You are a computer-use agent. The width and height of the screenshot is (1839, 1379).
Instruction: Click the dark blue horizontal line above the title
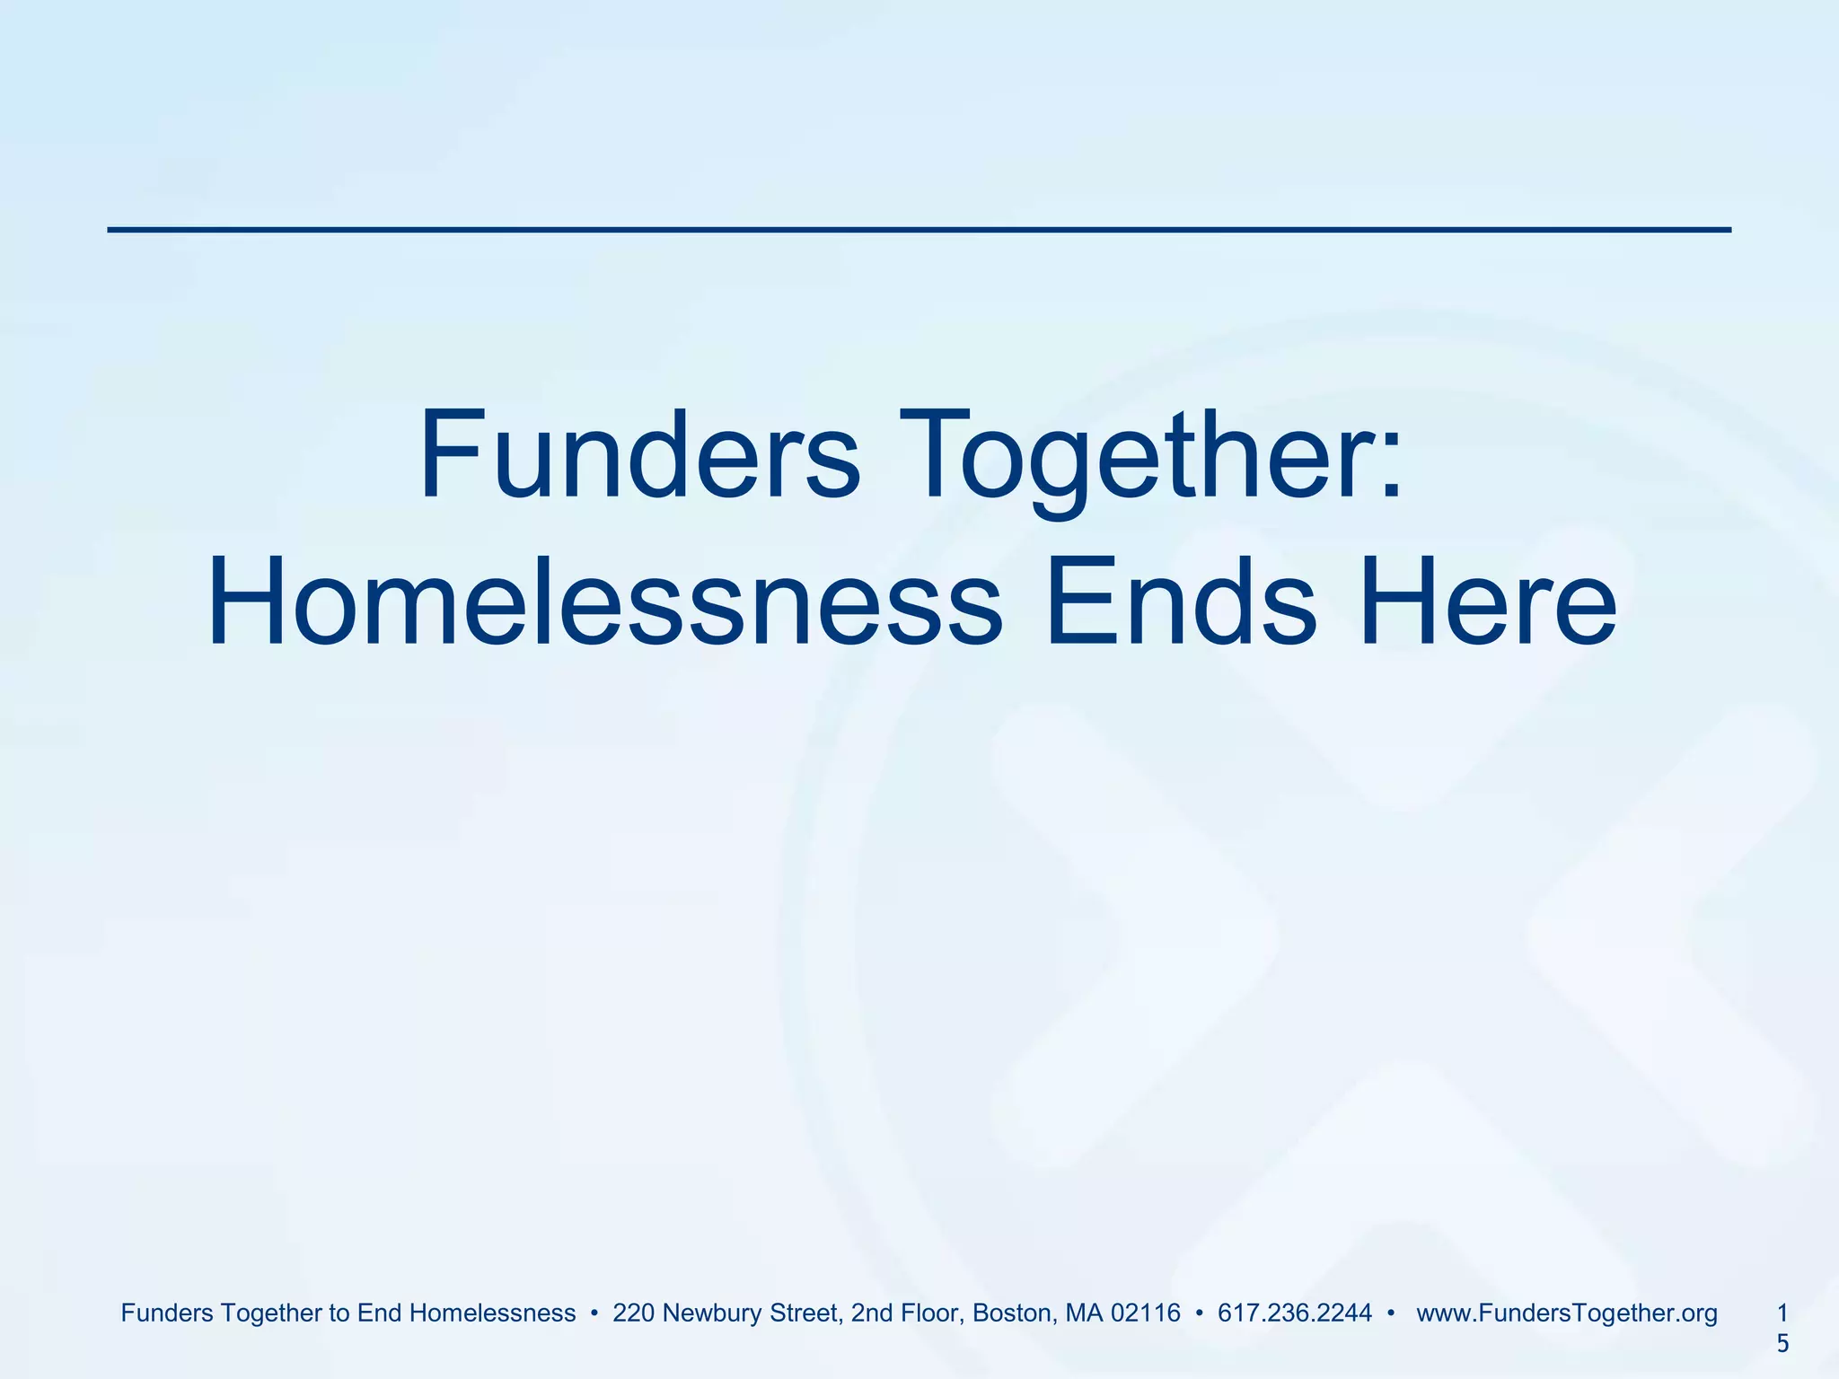(919, 230)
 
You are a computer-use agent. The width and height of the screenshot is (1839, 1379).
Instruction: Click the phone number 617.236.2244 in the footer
(1294, 1313)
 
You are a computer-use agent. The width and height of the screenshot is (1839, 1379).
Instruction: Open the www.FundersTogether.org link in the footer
(1566, 1313)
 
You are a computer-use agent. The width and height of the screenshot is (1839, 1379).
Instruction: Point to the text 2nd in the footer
(870, 1313)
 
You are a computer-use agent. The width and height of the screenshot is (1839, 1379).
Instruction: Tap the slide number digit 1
(1782, 1313)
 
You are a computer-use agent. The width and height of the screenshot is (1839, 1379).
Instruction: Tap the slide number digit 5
(1782, 1344)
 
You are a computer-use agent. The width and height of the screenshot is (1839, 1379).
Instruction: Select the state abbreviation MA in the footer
(1084, 1313)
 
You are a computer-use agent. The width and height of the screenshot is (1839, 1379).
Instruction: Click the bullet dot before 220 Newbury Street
(594, 1314)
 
